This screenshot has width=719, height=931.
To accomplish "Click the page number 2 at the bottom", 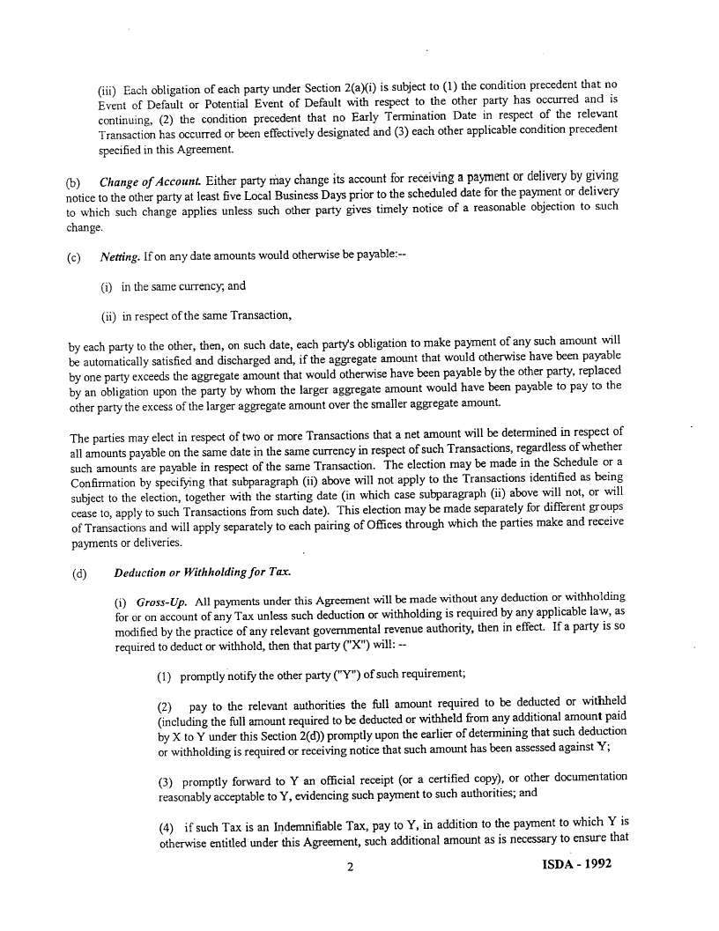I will [x=351, y=867].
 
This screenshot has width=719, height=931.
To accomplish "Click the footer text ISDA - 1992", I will [x=576, y=864].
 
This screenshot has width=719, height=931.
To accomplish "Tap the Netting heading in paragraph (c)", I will [x=119, y=256].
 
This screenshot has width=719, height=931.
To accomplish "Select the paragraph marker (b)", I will [x=73, y=182].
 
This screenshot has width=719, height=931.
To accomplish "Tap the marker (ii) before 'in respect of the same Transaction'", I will [x=109, y=315].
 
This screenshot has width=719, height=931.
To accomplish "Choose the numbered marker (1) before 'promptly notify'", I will [x=165, y=676].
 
